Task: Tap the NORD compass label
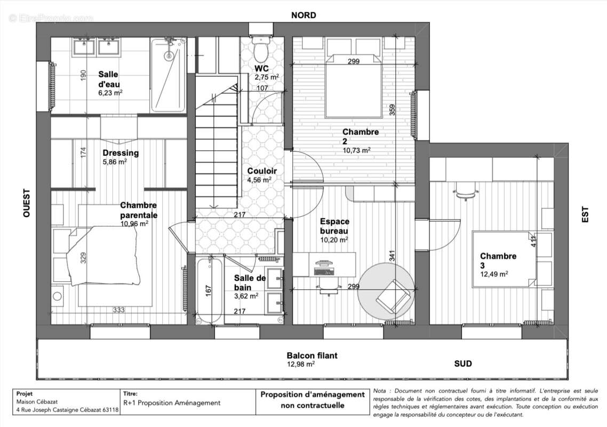[303, 15]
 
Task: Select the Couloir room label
[262, 171]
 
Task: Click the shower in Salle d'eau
[169, 75]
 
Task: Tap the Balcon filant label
[312, 355]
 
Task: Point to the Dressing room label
[121, 153]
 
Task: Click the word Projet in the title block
[25, 393]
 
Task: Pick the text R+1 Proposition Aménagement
[171, 403]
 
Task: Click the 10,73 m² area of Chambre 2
[356, 150]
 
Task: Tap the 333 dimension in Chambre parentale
[119, 310]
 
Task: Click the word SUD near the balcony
[462, 363]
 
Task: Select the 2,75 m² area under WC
[266, 77]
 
